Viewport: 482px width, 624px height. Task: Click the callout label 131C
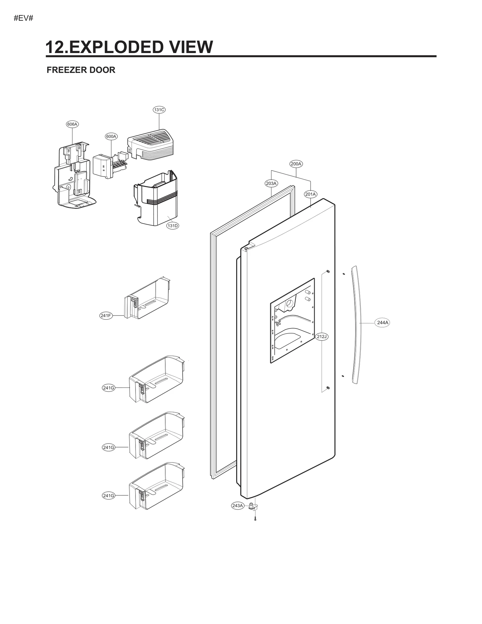[159, 110]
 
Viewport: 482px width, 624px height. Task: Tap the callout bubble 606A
[72, 124]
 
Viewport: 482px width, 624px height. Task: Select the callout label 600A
[111, 136]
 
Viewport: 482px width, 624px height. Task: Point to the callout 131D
[173, 226]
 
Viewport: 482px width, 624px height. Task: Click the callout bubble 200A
[296, 164]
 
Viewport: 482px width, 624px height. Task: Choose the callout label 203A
[271, 183]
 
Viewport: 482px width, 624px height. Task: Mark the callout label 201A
[310, 194]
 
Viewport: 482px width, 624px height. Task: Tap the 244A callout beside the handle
[383, 323]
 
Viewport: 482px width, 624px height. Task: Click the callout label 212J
[322, 337]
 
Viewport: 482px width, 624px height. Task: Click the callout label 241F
[106, 316]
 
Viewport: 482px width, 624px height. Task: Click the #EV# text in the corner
[23, 18]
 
